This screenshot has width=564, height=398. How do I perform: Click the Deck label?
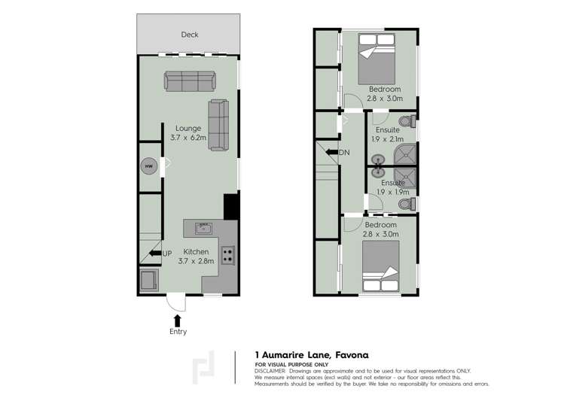point(189,35)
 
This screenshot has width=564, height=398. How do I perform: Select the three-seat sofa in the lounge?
point(189,80)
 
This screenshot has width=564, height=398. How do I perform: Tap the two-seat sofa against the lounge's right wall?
point(219,124)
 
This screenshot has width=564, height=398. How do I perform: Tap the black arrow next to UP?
point(155,253)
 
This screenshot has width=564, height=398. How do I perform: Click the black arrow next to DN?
point(331,153)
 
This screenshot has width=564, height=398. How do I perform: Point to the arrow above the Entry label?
point(178,320)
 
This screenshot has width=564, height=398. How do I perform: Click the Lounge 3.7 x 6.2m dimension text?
point(188,133)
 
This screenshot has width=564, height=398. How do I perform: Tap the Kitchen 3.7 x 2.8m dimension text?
point(196,257)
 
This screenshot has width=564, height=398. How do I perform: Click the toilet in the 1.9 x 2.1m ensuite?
point(406,122)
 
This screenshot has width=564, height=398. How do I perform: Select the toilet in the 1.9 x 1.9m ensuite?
point(405,203)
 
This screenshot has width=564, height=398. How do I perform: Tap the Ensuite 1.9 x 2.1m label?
point(389,135)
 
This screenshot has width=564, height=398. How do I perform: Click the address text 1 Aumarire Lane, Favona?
point(312,354)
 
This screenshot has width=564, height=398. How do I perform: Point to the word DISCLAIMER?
point(270,371)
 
